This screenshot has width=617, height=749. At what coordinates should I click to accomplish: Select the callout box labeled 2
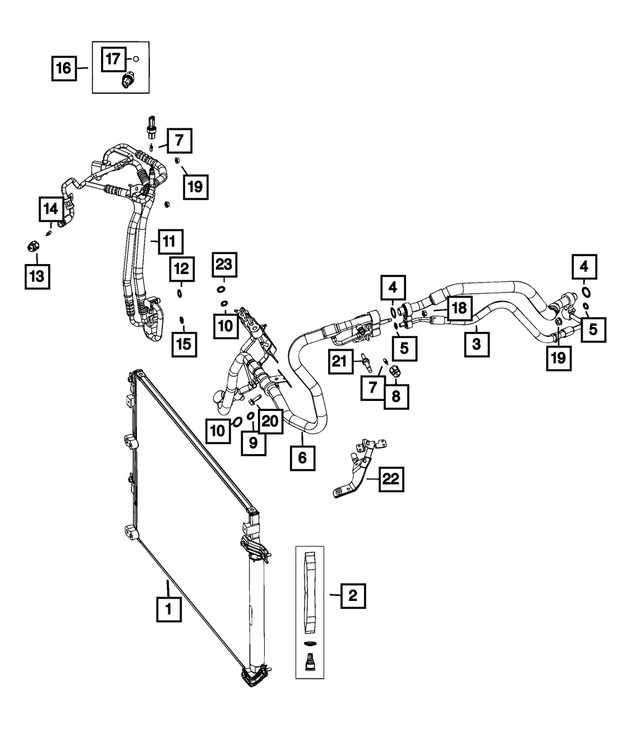point(352,595)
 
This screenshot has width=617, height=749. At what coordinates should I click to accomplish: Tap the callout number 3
point(477,344)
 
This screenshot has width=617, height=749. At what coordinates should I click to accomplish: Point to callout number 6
point(302,458)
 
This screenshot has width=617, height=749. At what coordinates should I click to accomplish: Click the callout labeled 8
point(395,395)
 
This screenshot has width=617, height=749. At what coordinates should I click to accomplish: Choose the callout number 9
point(253,443)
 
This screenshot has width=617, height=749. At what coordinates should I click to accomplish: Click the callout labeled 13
point(37,276)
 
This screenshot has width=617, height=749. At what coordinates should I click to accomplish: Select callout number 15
point(184,344)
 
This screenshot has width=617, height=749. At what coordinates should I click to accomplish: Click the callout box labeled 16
point(64,67)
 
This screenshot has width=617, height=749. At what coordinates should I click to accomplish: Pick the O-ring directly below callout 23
point(221,289)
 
